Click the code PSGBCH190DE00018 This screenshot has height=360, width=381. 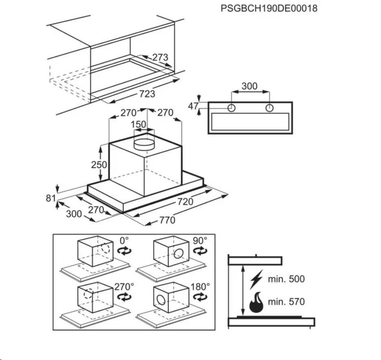(x=269, y=8)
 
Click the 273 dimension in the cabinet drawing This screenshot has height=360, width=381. (x=160, y=57)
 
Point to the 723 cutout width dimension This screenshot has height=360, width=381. (x=147, y=93)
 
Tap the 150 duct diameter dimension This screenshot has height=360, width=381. (x=139, y=124)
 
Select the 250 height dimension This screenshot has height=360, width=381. (x=99, y=165)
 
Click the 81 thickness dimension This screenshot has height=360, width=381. (x=51, y=198)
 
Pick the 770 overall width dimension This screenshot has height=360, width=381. (x=167, y=220)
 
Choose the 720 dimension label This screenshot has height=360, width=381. (x=185, y=202)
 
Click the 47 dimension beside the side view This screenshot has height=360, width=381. (x=193, y=106)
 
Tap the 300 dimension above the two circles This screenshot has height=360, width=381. (x=250, y=86)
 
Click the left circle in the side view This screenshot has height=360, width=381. (x=231, y=108)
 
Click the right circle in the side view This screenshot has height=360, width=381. (x=270, y=108)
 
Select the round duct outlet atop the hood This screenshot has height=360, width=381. (x=144, y=144)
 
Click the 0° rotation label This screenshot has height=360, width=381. (x=124, y=241)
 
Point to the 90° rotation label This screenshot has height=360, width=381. (x=200, y=241)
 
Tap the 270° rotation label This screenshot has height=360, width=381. (x=124, y=287)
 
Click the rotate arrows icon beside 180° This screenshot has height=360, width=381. (x=201, y=297)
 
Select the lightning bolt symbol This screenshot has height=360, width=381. (x=256, y=279)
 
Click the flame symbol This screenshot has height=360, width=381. (x=256, y=302)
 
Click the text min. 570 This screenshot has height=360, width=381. (x=286, y=302)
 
